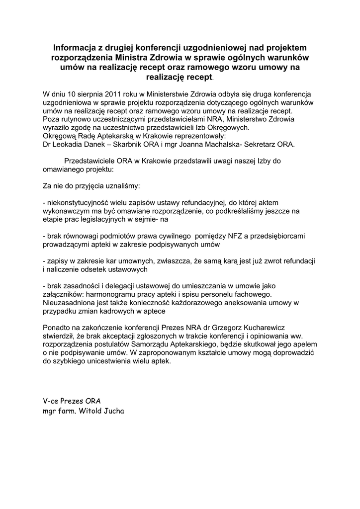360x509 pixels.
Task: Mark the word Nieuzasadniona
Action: pyautogui.click(x=70, y=303)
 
